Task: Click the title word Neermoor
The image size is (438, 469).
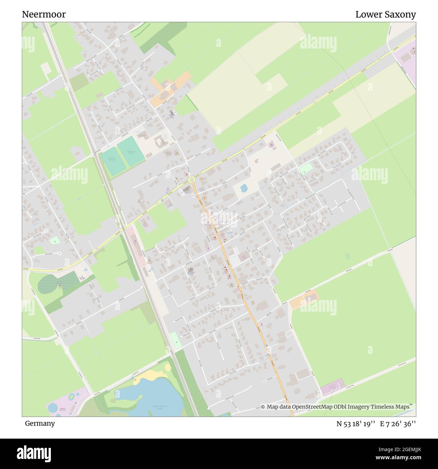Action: (44, 15)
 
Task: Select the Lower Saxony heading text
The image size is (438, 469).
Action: (385, 15)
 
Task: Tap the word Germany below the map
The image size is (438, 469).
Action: (40, 423)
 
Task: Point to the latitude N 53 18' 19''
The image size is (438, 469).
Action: (356, 424)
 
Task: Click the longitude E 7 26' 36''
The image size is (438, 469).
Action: (398, 424)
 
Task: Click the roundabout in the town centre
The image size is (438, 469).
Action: (192, 180)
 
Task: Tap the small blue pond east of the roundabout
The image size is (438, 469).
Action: (243, 188)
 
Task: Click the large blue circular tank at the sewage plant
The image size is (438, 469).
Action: (53, 408)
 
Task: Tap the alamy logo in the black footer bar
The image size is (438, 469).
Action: (34, 453)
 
